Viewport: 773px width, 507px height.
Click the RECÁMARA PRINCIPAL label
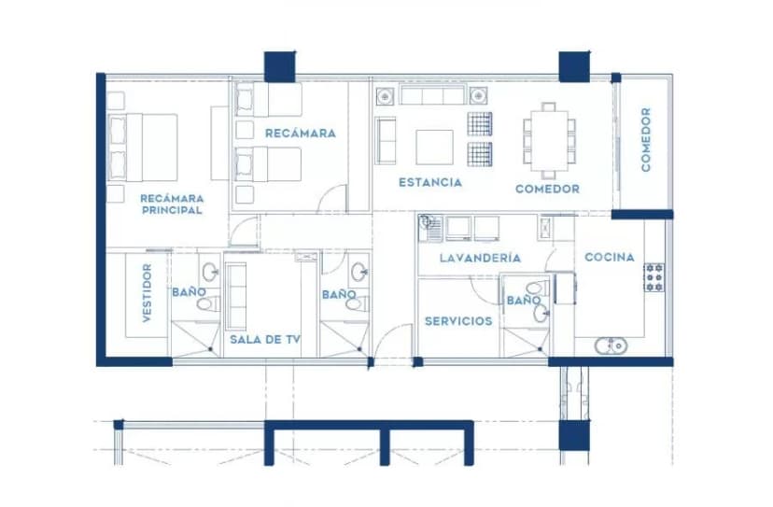tap(172, 204)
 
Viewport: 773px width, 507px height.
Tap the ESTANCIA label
tap(430, 182)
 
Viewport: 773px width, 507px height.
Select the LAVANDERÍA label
tap(480, 258)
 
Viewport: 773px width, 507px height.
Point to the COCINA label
tap(610, 257)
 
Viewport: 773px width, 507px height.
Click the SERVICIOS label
tap(458, 321)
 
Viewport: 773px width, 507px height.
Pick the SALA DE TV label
tap(265, 339)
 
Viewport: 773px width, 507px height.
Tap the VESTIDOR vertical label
tap(147, 293)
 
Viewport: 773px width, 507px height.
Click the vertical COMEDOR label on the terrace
tap(646, 139)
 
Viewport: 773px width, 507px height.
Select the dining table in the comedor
tap(549, 141)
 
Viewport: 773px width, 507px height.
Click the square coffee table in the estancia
tap(434, 147)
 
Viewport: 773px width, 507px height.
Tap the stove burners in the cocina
tap(654, 277)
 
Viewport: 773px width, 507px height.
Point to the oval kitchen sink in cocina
tap(611, 345)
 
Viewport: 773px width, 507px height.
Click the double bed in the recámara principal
tap(143, 148)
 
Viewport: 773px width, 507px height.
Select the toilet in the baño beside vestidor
tap(208, 303)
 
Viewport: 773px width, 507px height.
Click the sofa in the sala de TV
tap(235, 296)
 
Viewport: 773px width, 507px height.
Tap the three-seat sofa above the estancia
tap(432, 94)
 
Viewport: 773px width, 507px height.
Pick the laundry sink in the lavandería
tap(429, 229)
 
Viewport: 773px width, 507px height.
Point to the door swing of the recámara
tap(332, 198)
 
